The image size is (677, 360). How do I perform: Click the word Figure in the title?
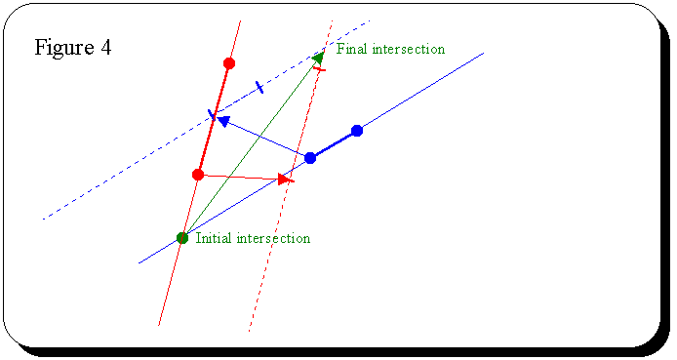pos(64,49)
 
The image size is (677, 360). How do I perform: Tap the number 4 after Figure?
pos(106,47)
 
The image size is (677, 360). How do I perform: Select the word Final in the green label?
pos(352,49)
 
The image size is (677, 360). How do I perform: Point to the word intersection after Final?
pos(409,49)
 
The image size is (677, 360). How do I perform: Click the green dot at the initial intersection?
pos(182,238)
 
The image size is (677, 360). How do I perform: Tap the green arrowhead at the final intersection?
pos(319,57)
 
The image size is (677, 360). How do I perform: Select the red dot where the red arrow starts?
pos(198,175)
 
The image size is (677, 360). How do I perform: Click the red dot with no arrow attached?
pos(229,63)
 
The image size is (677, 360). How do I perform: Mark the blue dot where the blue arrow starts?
pos(310,158)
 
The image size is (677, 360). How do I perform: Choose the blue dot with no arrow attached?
pos(357,131)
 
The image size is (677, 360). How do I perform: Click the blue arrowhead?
pos(222,121)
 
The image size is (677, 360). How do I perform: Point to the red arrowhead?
pos(285,180)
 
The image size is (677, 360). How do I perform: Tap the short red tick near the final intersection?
pos(320,69)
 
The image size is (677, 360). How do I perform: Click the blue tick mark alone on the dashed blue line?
pos(259,87)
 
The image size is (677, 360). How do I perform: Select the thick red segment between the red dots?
pos(214,119)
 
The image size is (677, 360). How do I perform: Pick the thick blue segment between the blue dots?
pos(334,144)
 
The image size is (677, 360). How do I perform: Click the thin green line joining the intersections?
pos(251,147)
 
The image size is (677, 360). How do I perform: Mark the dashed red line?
pos(291,176)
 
